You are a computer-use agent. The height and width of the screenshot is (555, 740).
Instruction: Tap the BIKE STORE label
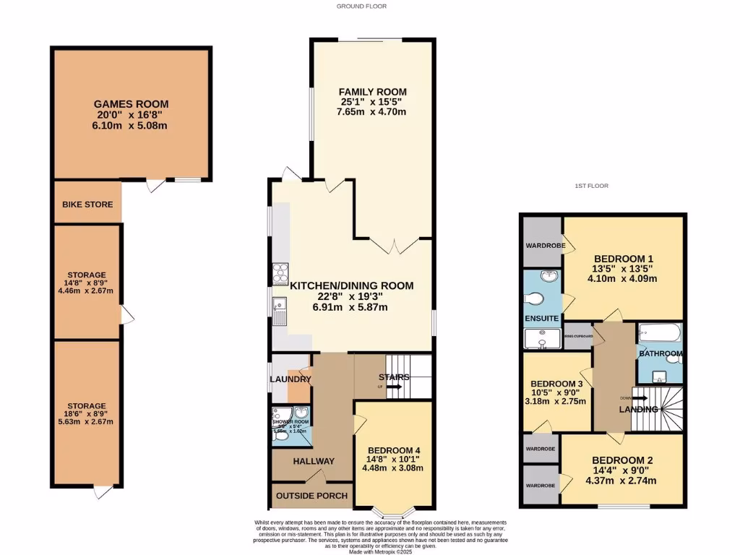click(x=87, y=205)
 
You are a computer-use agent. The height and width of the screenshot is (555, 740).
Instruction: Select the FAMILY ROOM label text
click(x=373, y=92)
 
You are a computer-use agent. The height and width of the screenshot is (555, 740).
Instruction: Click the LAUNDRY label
click(x=290, y=379)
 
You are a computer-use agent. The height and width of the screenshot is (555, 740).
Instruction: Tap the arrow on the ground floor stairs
click(x=394, y=387)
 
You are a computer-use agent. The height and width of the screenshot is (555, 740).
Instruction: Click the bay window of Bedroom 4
click(x=394, y=513)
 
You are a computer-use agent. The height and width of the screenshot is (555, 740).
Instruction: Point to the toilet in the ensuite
click(x=534, y=298)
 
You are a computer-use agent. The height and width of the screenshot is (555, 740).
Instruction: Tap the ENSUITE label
click(x=541, y=318)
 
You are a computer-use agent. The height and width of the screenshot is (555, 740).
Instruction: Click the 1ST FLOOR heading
click(x=591, y=186)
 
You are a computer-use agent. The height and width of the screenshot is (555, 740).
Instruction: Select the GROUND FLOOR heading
click(x=361, y=6)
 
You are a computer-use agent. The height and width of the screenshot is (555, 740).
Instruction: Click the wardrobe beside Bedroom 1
click(x=542, y=243)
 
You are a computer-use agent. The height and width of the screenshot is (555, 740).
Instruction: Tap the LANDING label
click(x=639, y=410)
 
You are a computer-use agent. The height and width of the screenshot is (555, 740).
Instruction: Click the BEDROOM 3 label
click(x=556, y=384)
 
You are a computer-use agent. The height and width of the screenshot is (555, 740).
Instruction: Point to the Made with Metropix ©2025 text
click(x=380, y=551)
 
